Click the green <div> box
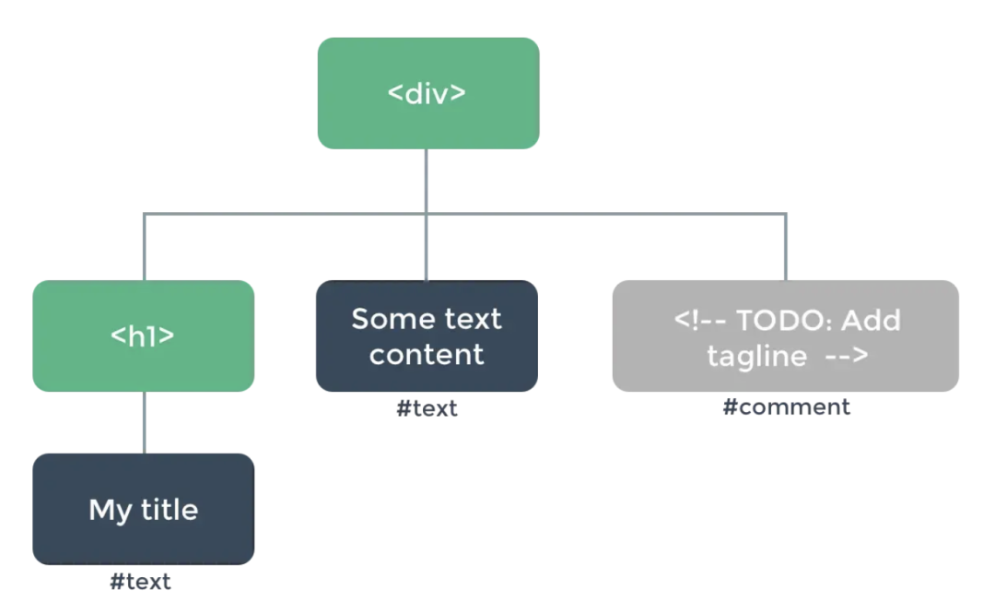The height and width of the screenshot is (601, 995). click(x=428, y=93)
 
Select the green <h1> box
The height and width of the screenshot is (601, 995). click(x=144, y=336)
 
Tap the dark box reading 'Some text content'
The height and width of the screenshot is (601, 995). click(x=427, y=336)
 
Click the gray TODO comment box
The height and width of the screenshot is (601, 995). click(x=786, y=336)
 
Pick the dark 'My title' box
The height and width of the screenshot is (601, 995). click(x=144, y=509)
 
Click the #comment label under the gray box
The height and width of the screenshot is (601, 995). click(x=786, y=407)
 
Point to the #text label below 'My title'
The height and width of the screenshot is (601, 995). click(x=140, y=582)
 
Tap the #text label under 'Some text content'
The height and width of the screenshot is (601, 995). click(x=427, y=408)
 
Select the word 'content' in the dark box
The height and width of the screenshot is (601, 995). click(x=427, y=355)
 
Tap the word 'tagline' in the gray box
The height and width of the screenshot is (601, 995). click(x=757, y=356)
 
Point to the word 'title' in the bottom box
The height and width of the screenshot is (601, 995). click(x=170, y=510)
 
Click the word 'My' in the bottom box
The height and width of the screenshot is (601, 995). click(x=110, y=511)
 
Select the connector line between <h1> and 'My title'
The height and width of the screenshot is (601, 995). click(x=145, y=423)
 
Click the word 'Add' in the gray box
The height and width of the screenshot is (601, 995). click(x=872, y=321)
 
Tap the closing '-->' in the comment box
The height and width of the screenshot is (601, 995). click(x=847, y=356)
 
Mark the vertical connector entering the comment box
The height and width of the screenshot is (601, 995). click(x=786, y=247)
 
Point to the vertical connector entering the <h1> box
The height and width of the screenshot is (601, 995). click(x=145, y=247)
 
